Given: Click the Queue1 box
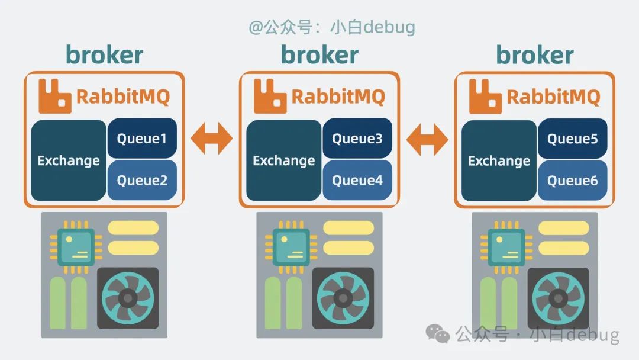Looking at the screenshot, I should [142, 139].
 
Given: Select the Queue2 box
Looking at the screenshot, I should [142, 180].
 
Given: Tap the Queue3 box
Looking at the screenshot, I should [357, 139].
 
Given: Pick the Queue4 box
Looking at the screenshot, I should [357, 180].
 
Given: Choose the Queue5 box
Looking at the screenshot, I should [572, 139].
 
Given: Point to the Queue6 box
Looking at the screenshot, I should [572, 180].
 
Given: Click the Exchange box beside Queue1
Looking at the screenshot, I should [69, 160].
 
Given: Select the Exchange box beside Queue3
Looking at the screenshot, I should [284, 160].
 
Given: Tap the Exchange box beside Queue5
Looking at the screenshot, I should [499, 160].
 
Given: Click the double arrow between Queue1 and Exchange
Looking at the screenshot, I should [212, 139].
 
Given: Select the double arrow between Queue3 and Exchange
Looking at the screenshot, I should [427, 139].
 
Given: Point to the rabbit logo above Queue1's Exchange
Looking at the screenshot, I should [55, 95].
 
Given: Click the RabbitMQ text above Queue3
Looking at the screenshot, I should [338, 96].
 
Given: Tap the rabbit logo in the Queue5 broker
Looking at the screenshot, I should [485, 95].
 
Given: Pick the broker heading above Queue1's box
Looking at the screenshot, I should [104, 54].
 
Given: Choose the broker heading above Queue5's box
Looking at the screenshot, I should [534, 54].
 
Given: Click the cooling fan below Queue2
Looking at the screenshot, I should [128, 298].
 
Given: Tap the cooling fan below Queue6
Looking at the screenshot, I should [558, 298].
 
